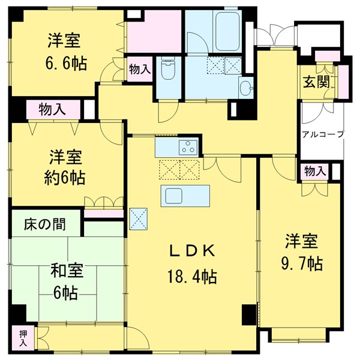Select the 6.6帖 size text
pyautogui.click(x=65, y=62)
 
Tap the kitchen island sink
pyautogui.click(x=176, y=196)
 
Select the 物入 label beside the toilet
pyautogui.click(x=140, y=70)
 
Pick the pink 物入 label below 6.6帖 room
pyautogui.click(x=52, y=110)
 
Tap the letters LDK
pyautogui.click(x=192, y=251)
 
